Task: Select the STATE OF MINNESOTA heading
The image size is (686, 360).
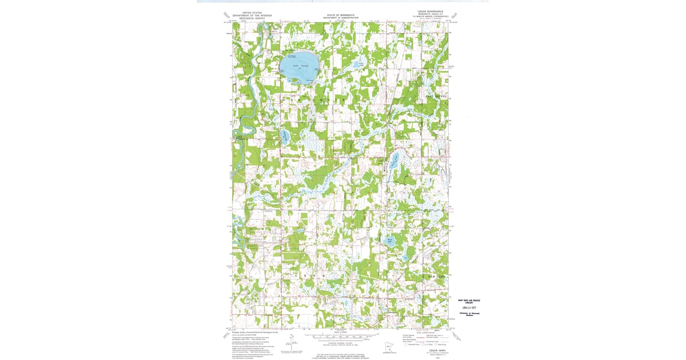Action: point(340,15)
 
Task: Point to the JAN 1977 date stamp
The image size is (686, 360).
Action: point(468,306)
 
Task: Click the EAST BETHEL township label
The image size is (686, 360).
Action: point(437,97)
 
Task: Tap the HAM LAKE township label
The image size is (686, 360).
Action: point(437,276)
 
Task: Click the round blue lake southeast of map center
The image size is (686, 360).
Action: point(390,242)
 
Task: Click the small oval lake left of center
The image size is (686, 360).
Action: point(285,136)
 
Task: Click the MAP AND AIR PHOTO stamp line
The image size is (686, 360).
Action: point(468,299)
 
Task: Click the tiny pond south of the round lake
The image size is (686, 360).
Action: point(404,258)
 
